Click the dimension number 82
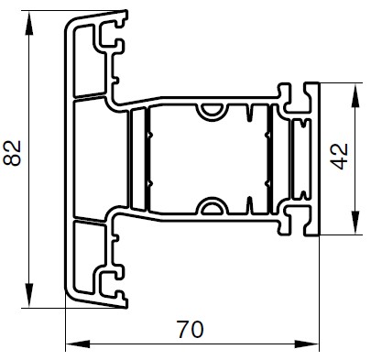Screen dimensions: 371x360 12,153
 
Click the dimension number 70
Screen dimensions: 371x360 191,329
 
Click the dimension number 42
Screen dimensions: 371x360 340,156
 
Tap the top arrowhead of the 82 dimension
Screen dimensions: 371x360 29,23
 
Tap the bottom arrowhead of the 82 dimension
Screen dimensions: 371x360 29,295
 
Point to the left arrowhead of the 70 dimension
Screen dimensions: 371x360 78,344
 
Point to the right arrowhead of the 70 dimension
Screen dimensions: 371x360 306,344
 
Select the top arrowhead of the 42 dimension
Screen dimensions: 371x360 355,95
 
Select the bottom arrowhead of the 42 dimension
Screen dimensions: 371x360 355,223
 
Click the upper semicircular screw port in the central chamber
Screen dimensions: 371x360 212,112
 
